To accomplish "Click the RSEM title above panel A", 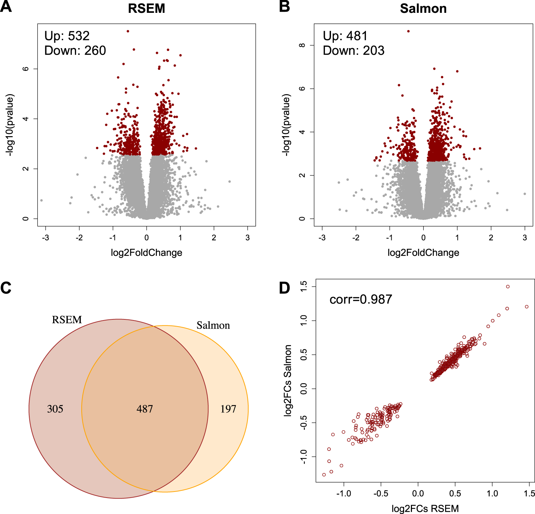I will pos(147,9).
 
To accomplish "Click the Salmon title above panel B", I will pos(423,9).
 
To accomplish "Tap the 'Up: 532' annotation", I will pos(67,36).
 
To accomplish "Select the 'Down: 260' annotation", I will pos(75,51).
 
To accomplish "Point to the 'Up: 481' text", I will pos(345,36).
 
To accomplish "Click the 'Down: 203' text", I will pos(353,51).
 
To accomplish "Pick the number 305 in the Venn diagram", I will pos(55,409).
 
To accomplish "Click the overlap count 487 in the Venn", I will pos(144,409).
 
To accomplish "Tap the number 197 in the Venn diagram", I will pos(228,409).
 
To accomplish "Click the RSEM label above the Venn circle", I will pos(67,320).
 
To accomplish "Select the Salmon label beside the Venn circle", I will pos(213,325).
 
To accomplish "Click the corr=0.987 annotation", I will pos(361,299).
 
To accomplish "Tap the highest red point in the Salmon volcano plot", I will pos(408,31).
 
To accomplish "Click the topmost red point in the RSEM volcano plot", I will pos(128,31).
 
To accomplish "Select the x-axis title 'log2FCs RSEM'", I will pos(425,508).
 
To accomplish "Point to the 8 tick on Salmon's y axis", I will pos(302,45).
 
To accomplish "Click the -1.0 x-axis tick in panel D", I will pos(343,494).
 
